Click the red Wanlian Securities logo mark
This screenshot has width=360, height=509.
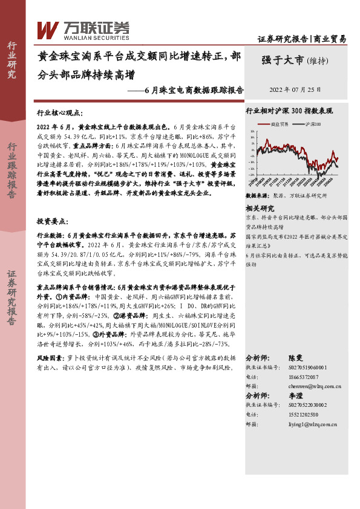tap(48, 29)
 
